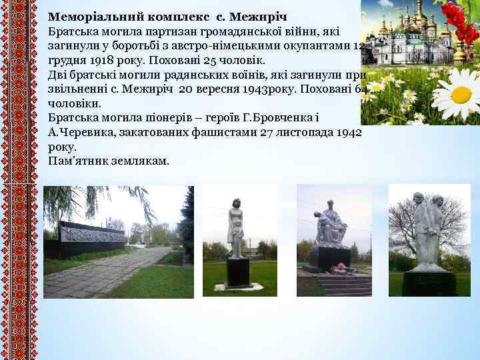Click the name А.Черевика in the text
[x=78, y=133]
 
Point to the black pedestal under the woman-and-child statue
[x=238, y=272]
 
